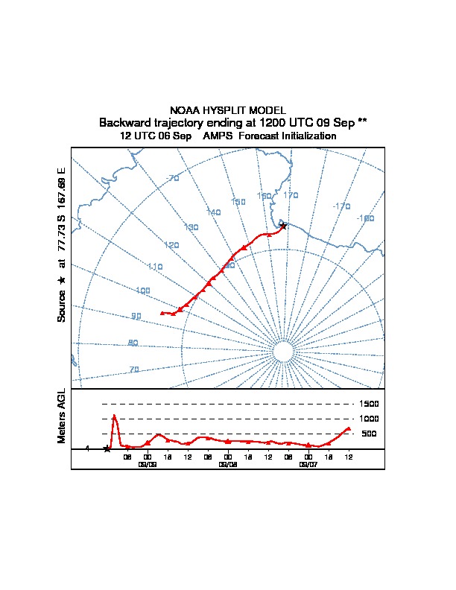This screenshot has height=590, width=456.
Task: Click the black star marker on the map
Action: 283,225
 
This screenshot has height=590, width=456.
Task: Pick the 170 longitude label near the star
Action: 291,195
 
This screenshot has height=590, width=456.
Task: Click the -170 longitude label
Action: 341,206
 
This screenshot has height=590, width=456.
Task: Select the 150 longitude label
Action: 238,202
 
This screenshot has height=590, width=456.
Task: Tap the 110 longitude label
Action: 155,267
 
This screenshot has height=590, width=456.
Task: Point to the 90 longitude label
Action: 136,317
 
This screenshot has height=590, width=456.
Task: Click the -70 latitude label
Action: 172,178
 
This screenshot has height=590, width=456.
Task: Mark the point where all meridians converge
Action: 283,352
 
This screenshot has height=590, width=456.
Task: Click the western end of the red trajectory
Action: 162,313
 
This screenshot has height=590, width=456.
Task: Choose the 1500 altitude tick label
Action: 370,404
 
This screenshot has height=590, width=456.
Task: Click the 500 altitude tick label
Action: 368,434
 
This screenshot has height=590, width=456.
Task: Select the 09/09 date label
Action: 148,463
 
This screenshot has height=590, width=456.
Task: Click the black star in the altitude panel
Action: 107,448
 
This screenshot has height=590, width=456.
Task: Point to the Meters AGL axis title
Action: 62,416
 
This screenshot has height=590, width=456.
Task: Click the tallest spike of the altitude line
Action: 114,416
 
